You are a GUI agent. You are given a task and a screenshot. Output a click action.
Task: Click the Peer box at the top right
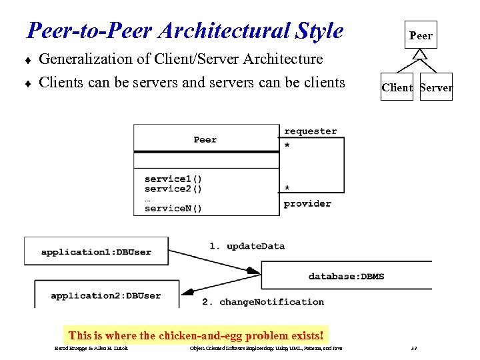421,35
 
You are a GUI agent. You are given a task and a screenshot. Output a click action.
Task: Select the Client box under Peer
397,87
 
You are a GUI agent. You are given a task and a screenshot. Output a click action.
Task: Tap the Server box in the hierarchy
437,87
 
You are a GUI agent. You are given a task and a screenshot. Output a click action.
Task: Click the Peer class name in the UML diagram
205,140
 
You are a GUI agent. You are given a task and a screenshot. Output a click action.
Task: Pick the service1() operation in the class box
173,179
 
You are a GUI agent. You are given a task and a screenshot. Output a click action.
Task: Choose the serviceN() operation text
173,208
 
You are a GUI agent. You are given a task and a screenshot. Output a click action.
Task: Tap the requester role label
311,131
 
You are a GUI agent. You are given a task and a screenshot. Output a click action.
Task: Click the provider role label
307,203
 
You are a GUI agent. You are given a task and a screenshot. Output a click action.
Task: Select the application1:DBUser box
96,252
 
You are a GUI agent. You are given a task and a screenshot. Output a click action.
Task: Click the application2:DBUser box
106,295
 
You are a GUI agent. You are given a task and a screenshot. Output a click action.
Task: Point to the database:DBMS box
346,276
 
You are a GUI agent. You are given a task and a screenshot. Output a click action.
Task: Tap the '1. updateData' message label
247,246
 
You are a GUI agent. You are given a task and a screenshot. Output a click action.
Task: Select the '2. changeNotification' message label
263,302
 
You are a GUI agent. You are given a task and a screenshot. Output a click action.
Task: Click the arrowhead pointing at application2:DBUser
189,291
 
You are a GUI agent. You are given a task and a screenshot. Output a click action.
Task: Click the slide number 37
414,349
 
